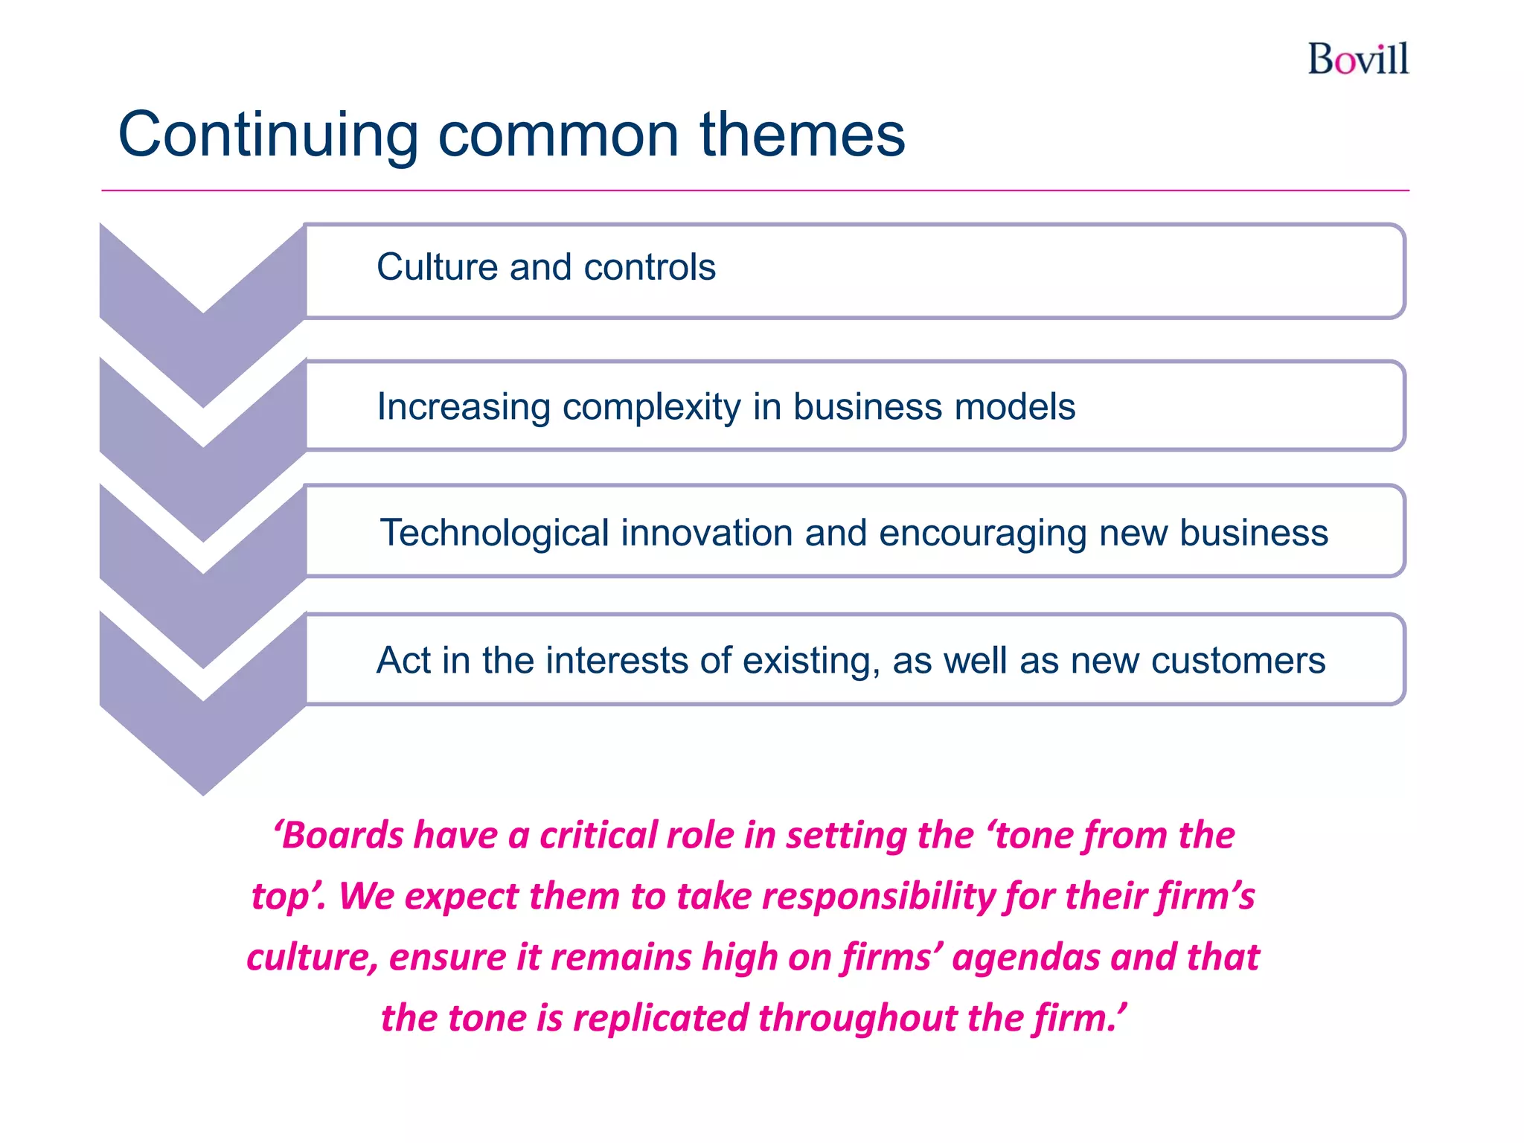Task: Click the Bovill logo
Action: (x=1358, y=60)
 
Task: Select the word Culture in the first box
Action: (x=437, y=267)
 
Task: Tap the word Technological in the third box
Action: (x=495, y=534)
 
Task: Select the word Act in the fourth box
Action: (x=403, y=660)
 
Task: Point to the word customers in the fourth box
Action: (x=1238, y=661)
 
